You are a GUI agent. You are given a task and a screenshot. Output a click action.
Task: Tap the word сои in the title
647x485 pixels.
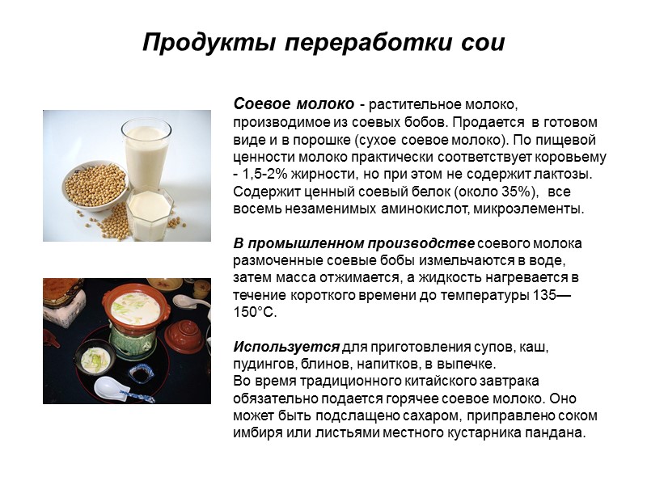click(x=484, y=42)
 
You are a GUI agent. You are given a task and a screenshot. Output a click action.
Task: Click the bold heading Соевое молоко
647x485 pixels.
click(x=294, y=105)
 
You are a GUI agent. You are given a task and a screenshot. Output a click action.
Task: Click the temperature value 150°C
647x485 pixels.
click(x=260, y=312)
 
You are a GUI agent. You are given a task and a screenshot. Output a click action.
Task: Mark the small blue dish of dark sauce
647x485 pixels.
click(x=144, y=373)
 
